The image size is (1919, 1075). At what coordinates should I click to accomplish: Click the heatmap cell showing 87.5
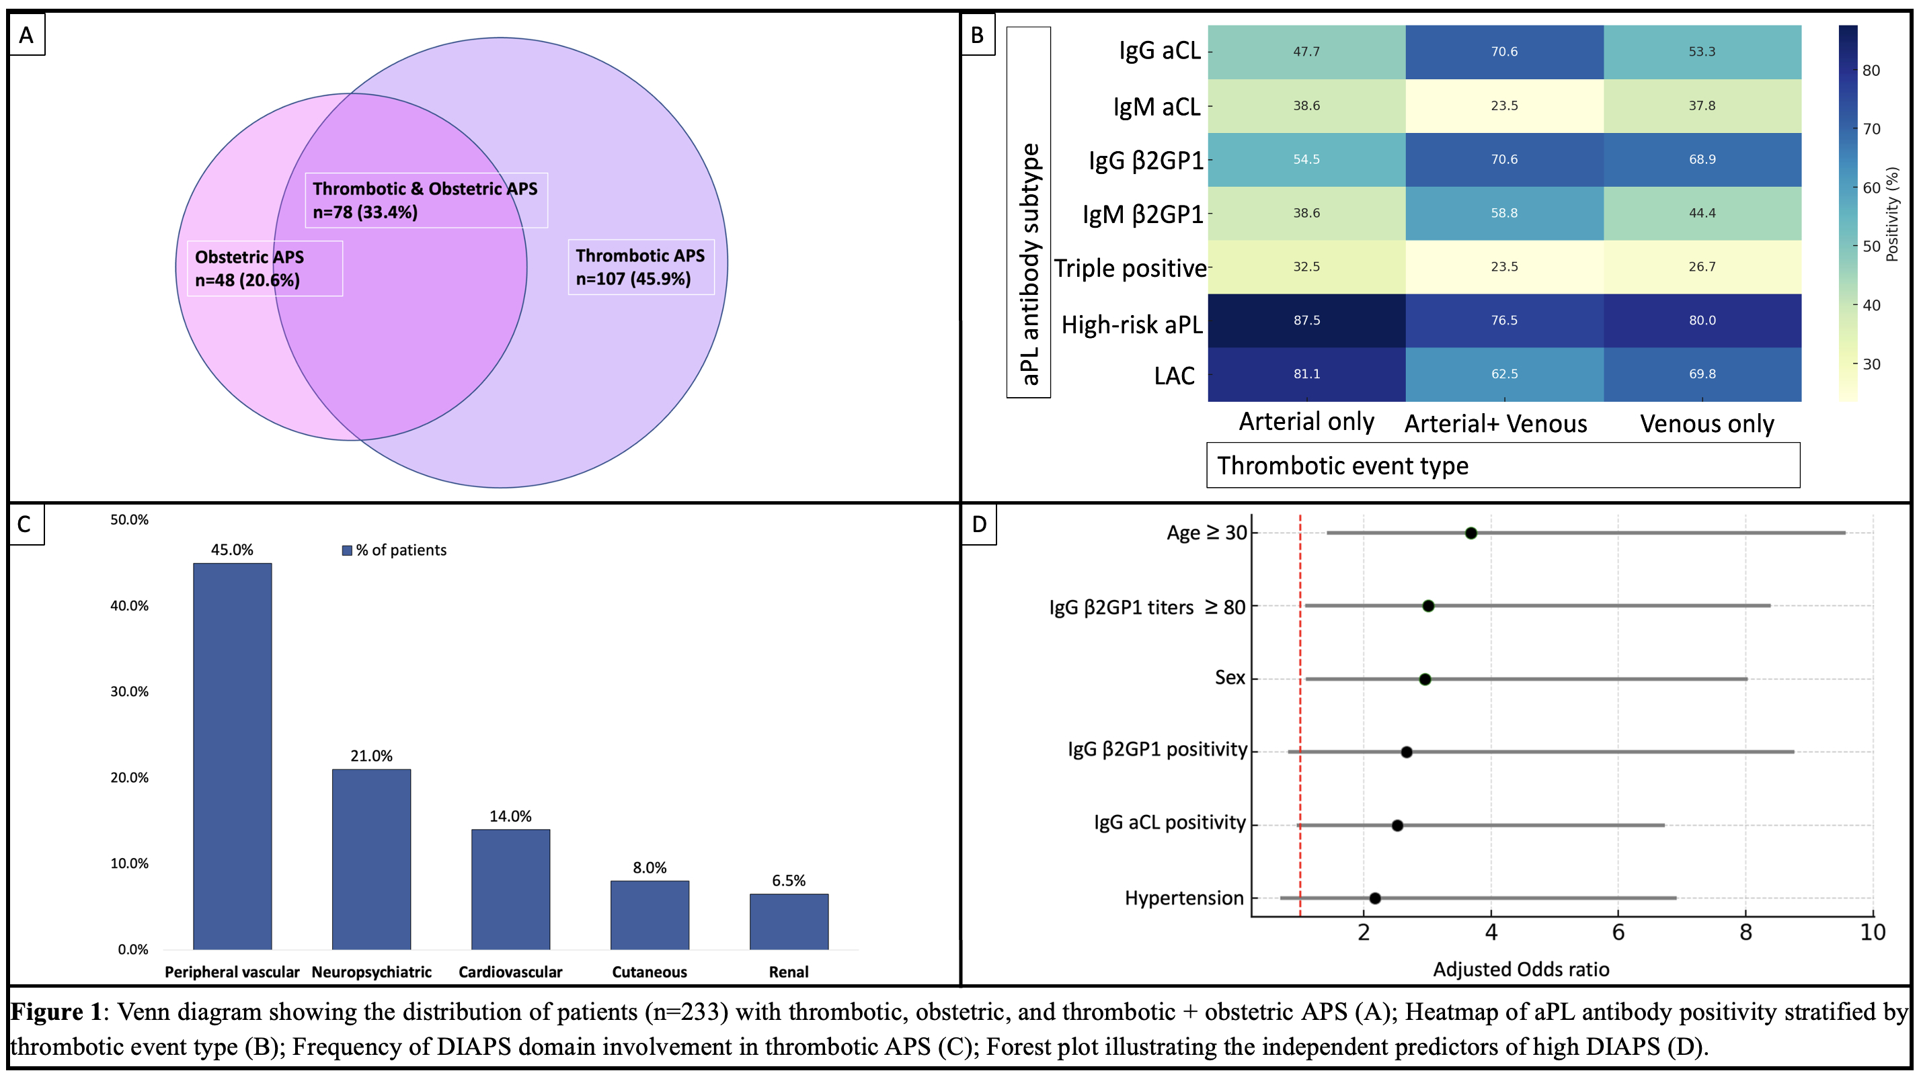pos(1306,320)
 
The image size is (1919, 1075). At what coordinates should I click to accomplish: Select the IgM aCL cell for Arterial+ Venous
pos(1504,105)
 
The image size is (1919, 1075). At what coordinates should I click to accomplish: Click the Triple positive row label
pos(1130,268)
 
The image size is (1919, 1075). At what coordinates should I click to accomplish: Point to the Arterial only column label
pos(1306,422)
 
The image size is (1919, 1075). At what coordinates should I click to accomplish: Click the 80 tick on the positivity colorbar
pos(1871,71)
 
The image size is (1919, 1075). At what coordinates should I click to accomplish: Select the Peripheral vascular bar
pos(233,756)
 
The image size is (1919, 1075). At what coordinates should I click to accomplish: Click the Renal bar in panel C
pos(789,922)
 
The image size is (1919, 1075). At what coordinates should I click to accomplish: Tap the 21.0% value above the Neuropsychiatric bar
pos(371,757)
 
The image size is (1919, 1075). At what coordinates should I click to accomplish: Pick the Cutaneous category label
pos(650,972)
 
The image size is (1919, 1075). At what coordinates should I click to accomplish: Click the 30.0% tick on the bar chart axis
pos(130,691)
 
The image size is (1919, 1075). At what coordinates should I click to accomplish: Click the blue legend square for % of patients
pos(346,551)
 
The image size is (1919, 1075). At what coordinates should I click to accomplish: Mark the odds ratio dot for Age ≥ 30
pos(1471,533)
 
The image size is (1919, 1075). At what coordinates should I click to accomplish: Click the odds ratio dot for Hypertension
pos(1375,898)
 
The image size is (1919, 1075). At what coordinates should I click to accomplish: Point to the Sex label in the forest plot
pos(1230,677)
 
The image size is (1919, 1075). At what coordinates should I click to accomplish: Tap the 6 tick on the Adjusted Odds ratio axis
pos(1618,933)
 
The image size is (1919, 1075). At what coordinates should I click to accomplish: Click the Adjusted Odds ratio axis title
pos(1521,970)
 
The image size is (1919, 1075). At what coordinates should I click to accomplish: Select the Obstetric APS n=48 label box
pos(264,269)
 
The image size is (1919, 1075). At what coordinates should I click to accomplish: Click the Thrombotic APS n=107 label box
pos(641,267)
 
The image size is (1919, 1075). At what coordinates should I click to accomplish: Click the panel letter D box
pos(979,525)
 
